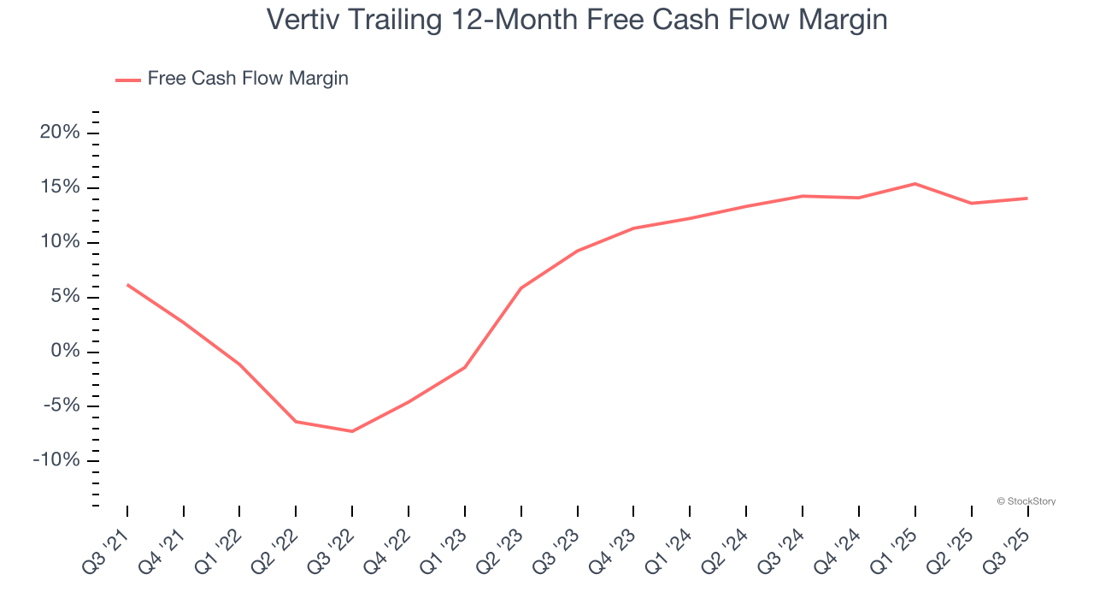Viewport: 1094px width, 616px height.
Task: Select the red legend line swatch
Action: click(x=128, y=80)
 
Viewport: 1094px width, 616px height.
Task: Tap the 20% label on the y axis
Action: click(x=60, y=133)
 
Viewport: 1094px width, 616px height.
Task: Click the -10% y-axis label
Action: click(x=56, y=460)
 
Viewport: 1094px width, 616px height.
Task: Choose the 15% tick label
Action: click(x=60, y=187)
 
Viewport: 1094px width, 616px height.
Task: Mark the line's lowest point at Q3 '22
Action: click(x=352, y=431)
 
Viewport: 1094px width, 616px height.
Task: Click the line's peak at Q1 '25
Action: click(x=915, y=183)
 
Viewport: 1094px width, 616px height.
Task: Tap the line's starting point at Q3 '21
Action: click(x=127, y=285)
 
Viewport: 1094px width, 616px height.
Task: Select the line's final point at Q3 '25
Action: click(x=1026, y=198)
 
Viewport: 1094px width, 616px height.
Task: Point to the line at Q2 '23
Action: click(x=521, y=288)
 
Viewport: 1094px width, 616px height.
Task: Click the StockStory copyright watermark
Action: click(x=1026, y=501)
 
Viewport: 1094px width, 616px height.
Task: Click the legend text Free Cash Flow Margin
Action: click(x=248, y=79)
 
